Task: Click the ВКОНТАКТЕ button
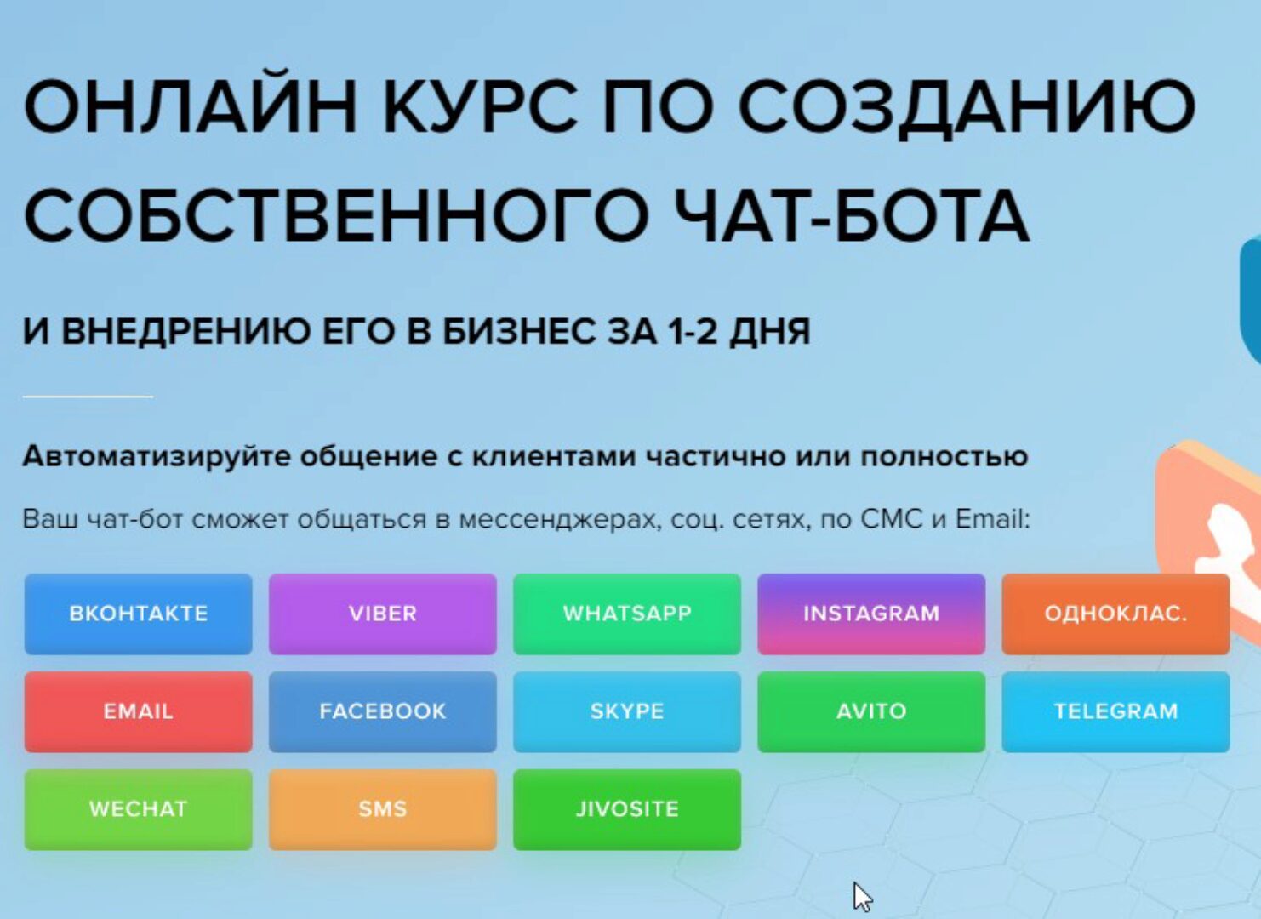138,614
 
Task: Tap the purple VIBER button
382,614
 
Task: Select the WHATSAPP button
626,614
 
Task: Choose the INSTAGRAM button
870,614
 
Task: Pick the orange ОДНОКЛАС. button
1115,614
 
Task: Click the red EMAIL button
138,711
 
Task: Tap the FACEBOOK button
382,711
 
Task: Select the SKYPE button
626,711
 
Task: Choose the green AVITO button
870,711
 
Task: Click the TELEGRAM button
1115,711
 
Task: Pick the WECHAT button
138,809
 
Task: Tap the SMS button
382,809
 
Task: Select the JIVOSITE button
626,809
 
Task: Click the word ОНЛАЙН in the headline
189,106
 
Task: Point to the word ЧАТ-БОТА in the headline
850,215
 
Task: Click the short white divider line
88,396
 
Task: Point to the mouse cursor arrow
862,896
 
